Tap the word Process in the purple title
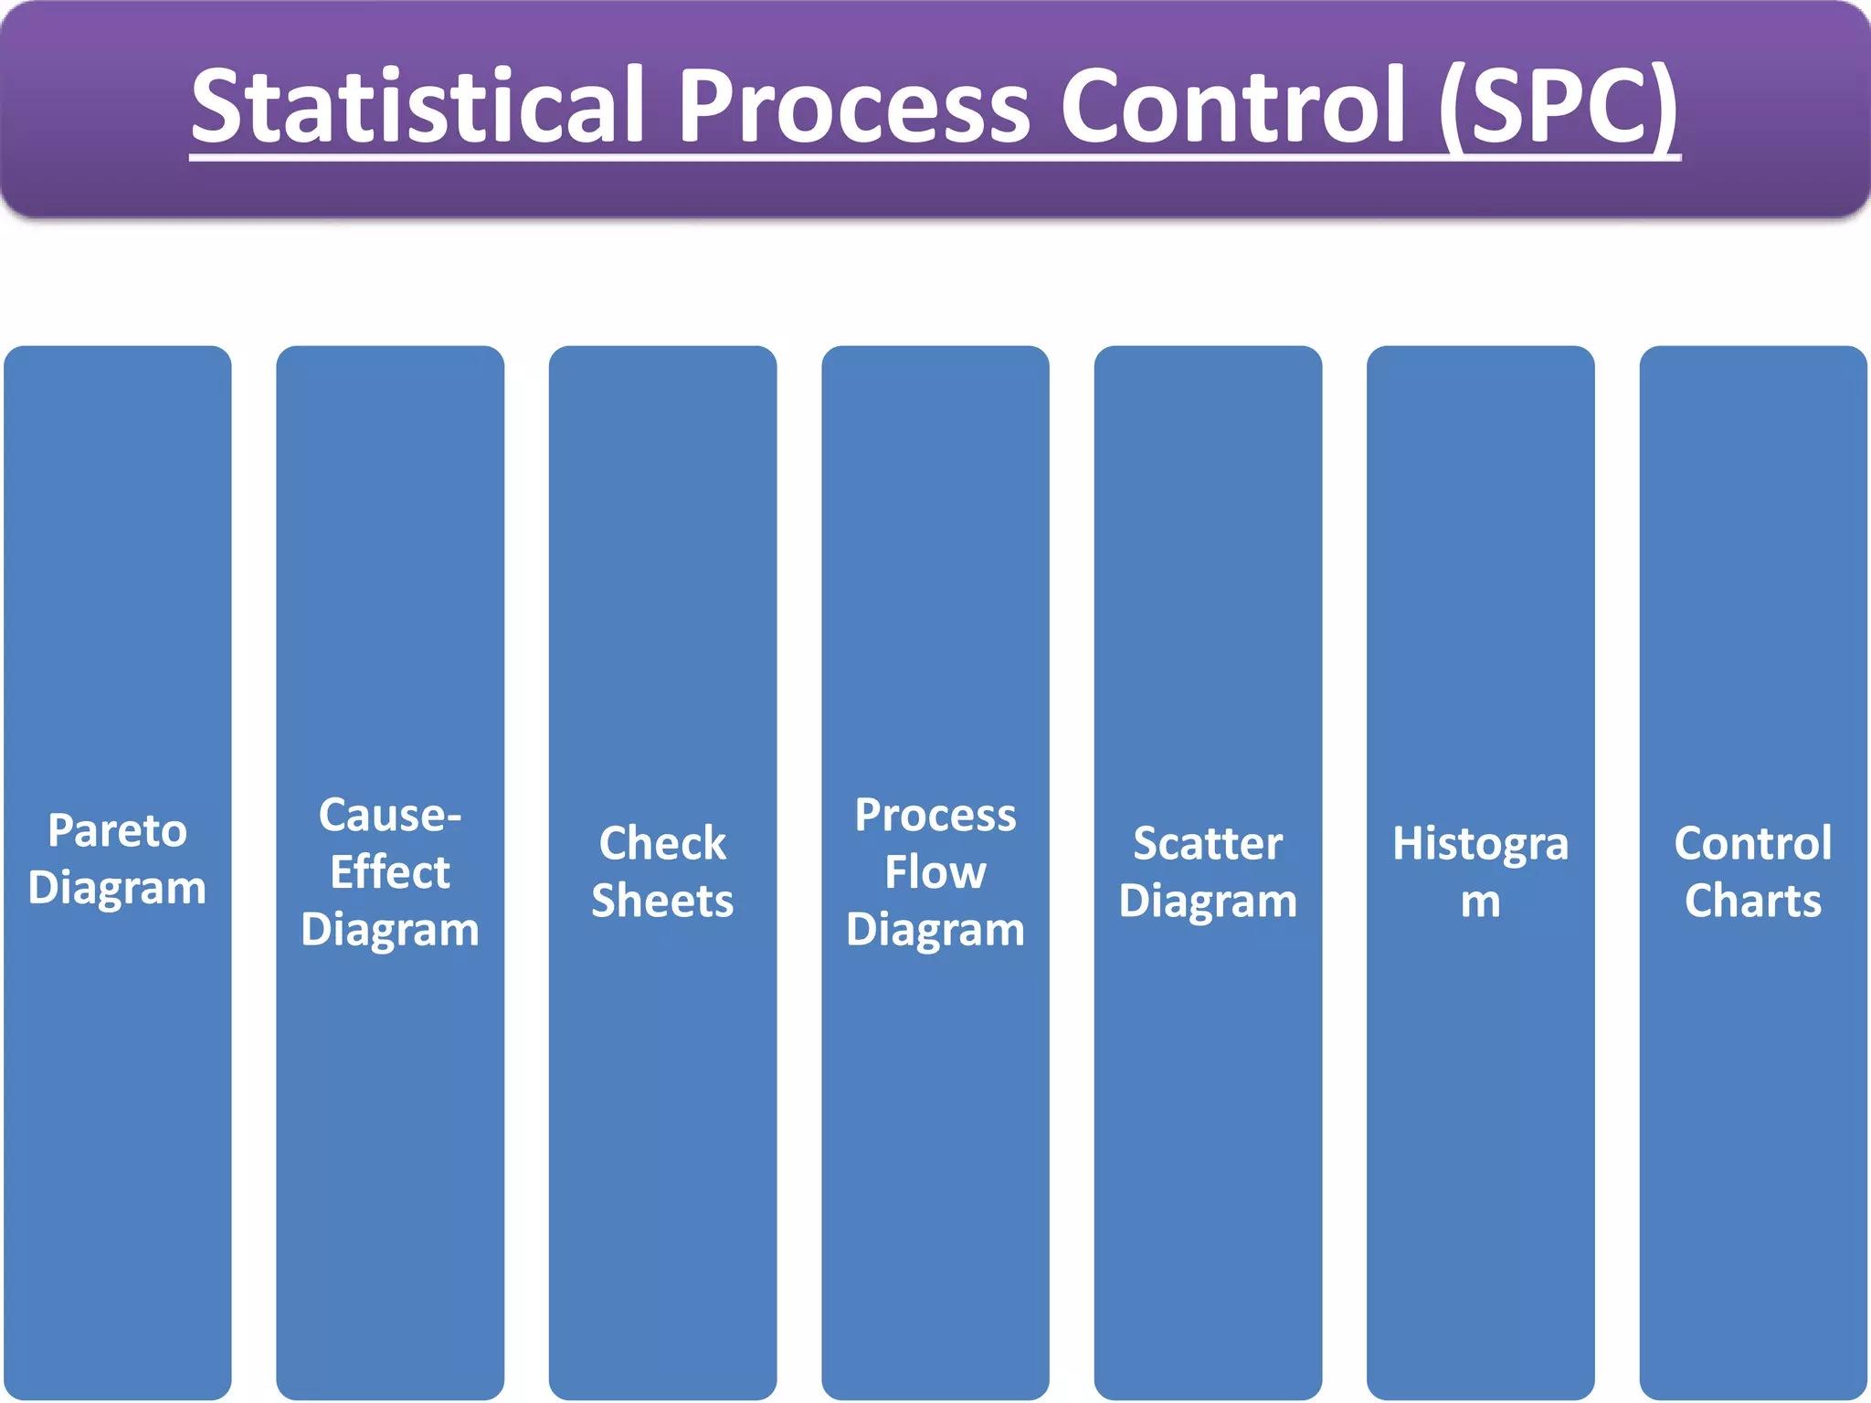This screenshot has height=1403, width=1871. tap(853, 107)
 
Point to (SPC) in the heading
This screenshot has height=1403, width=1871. tap(1559, 107)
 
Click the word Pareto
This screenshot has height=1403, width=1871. tap(117, 831)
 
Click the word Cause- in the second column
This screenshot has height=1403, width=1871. tap(390, 815)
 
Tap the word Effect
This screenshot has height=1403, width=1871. tap(390, 872)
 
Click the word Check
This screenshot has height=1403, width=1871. tap(662, 843)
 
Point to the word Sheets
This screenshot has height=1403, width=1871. tap(662, 902)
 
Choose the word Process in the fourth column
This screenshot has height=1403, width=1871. tap(935, 815)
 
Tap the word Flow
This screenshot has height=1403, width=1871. tap(935, 872)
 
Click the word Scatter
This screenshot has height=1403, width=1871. tap(1208, 843)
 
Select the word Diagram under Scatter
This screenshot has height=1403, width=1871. tap(1208, 902)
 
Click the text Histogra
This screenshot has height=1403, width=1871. tap(1480, 843)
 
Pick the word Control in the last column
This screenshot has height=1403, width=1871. tap(1752, 843)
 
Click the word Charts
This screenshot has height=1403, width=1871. tap(1752, 902)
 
